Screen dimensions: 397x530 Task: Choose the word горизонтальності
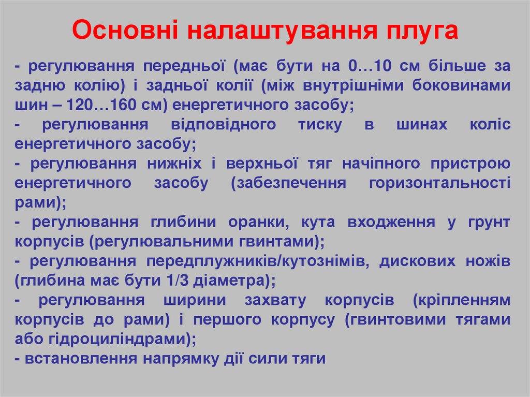[440, 183]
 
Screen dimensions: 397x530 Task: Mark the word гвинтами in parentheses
[282, 241]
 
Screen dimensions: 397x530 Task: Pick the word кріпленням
[462, 300]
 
